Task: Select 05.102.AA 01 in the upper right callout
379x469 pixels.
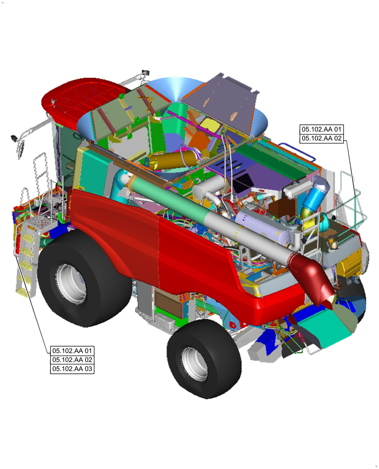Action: [x=322, y=129]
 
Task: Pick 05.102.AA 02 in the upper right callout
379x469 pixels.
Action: [x=322, y=138]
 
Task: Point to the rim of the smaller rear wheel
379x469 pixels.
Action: [x=192, y=363]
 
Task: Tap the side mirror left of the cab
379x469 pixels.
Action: [x=20, y=146]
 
